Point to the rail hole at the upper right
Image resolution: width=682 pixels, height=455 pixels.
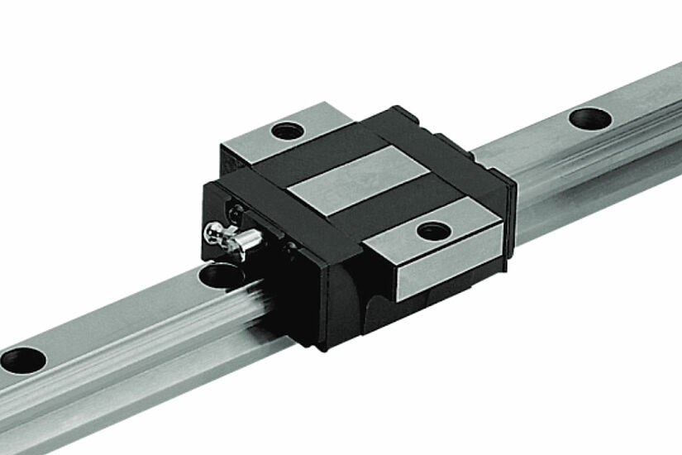589,117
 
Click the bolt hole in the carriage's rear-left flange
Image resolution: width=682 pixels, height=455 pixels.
286,130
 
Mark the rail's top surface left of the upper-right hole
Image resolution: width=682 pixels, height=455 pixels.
529,136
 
